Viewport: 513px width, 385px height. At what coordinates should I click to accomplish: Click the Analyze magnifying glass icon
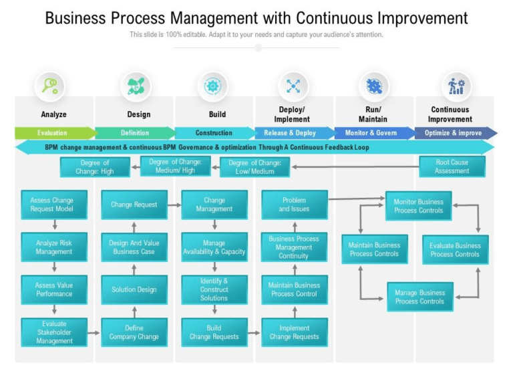[50, 86]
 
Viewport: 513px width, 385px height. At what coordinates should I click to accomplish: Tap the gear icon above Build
[212, 86]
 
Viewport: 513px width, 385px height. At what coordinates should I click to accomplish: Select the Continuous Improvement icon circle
[456, 86]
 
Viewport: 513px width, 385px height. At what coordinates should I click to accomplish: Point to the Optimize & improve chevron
[455, 133]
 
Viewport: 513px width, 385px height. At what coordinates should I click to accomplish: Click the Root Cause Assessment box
[452, 166]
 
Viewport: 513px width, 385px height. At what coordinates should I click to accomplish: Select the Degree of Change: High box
[95, 166]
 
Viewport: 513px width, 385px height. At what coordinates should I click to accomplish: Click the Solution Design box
[134, 289]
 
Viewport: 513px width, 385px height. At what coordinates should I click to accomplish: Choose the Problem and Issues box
[294, 205]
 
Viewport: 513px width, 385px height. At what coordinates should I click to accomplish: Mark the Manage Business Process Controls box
[419, 297]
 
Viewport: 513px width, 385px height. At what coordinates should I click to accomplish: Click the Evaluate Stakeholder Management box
[53, 332]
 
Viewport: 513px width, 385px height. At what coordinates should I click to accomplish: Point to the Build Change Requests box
[214, 332]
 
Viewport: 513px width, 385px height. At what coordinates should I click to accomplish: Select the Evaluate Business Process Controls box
[455, 249]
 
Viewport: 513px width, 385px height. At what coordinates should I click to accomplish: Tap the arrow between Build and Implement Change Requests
[254, 332]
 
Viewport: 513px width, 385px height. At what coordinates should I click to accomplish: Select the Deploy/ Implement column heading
[293, 114]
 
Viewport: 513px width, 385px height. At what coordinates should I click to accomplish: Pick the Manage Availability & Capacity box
[214, 247]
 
